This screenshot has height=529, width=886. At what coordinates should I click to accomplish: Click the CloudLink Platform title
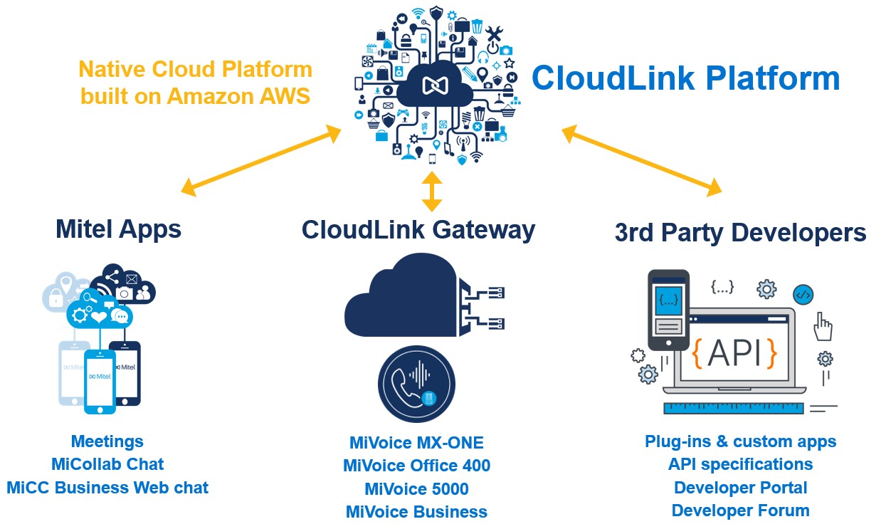pos(686,78)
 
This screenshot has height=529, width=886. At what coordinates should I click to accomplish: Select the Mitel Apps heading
pos(118,229)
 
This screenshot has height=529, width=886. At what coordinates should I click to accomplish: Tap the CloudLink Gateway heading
pos(418,230)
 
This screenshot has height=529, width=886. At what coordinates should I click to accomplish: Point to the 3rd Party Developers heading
pos(740,233)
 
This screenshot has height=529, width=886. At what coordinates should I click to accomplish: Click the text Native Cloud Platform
pos(195,70)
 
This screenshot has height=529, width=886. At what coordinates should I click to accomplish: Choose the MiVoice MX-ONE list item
pos(416,443)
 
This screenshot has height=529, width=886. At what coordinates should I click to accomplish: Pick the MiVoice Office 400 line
pos(416,466)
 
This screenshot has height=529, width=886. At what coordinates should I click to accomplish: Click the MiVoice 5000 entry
pos(416,489)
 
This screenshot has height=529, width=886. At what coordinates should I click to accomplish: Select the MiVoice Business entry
pos(416,512)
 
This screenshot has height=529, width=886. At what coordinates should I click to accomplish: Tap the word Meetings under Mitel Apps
pos(107,441)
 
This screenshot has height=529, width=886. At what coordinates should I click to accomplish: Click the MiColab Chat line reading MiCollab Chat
pos(107,464)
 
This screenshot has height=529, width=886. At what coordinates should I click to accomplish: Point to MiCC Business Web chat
pos(107,488)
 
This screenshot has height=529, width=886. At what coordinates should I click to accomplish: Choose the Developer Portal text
pos(740,488)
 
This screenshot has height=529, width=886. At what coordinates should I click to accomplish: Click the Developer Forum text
pos(740,510)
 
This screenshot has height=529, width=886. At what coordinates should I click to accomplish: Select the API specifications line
pos(740,464)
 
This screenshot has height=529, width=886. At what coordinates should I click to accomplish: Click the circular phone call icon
pos(417,384)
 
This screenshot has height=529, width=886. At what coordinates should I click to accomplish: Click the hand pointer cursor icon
pos(823,326)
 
